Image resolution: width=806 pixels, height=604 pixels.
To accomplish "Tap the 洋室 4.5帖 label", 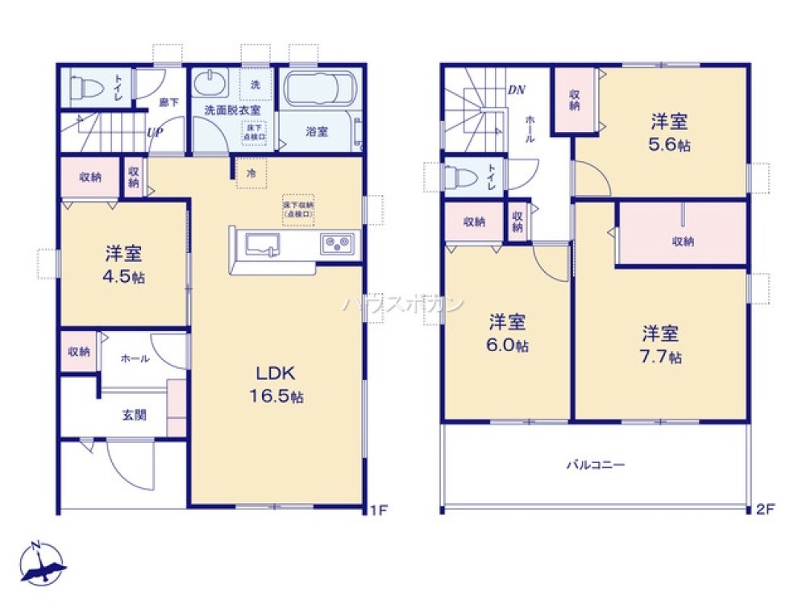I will (x=123, y=265).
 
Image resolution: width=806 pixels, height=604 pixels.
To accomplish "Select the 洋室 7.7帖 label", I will (x=660, y=344).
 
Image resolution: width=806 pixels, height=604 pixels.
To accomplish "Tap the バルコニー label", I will (x=596, y=465).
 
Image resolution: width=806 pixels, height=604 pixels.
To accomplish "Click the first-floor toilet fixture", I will (x=85, y=86).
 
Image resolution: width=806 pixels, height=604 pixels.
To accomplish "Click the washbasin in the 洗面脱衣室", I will (x=212, y=84).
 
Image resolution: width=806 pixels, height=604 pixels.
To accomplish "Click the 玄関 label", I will (x=134, y=416).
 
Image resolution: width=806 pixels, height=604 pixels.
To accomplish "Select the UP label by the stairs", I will (x=155, y=134).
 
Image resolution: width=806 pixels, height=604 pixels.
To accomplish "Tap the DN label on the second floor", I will (x=516, y=89).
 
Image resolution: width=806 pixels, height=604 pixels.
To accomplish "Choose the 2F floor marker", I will (x=766, y=509).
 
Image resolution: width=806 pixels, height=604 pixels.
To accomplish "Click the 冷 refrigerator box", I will (x=251, y=173).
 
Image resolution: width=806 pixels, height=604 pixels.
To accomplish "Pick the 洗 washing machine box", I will (x=255, y=85).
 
